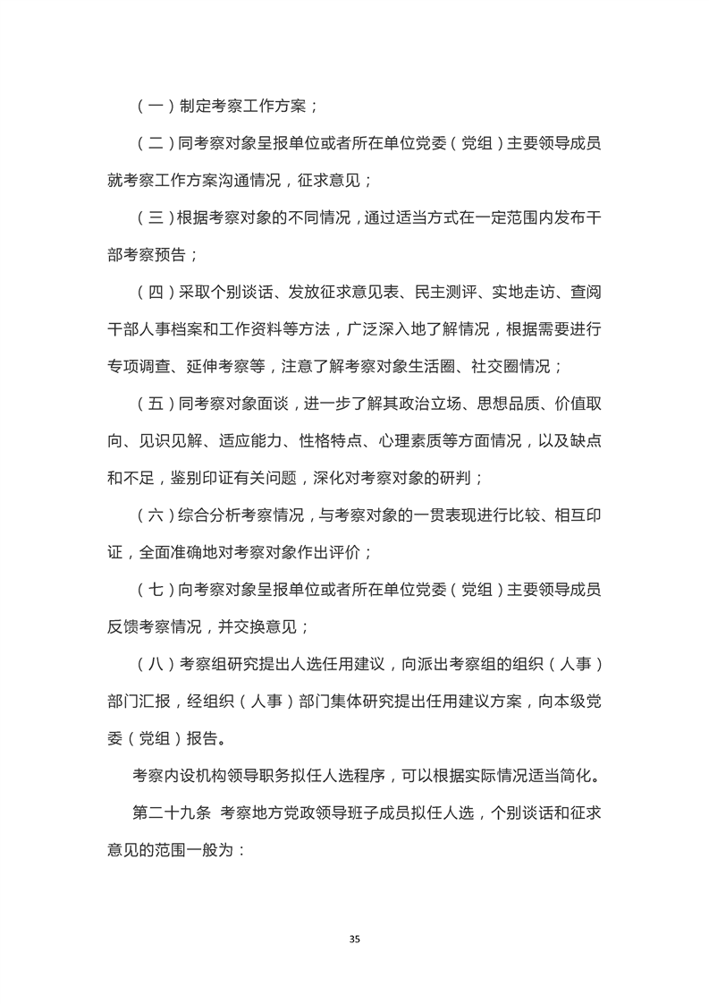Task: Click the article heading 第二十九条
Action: click(x=170, y=814)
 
